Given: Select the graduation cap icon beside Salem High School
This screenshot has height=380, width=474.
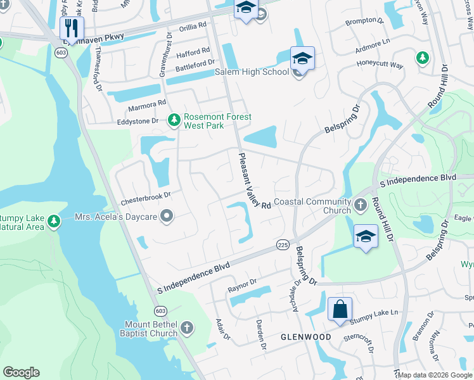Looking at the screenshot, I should tap(302, 60).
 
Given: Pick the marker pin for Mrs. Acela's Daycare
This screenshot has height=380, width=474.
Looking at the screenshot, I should tap(167, 217).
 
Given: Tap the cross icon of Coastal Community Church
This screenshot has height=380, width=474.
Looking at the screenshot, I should tap(360, 205).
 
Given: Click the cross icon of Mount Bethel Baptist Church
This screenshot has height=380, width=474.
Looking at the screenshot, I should tap(186, 327).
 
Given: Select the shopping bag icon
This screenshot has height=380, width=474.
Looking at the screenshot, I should tap(340, 310).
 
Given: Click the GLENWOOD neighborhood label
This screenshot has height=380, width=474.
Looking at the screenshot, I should tap(305, 337).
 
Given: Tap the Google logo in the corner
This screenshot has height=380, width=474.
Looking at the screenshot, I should tap(21, 372).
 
